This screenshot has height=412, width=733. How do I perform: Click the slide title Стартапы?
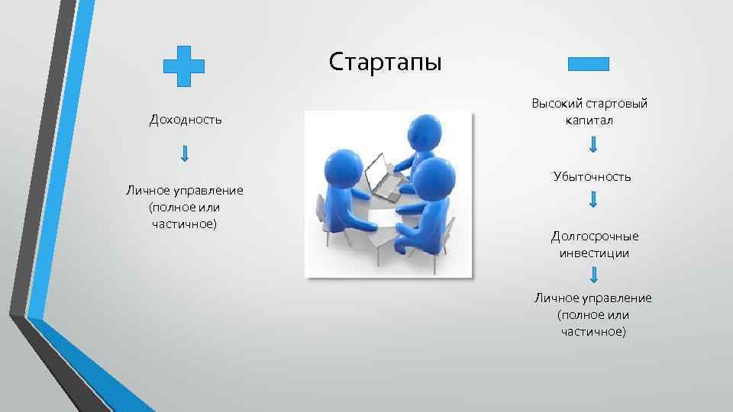tap(385, 61)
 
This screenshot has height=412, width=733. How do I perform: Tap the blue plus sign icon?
tap(184, 66)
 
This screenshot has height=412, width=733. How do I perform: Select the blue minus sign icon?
tap(589, 64)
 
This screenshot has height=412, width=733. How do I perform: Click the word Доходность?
tap(186, 119)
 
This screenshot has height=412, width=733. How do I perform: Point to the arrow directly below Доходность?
tap(185, 153)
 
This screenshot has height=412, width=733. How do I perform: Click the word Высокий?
tap(557, 104)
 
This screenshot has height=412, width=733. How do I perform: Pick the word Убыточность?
tap(593, 176)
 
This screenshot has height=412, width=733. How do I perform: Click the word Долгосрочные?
tap(594, 236)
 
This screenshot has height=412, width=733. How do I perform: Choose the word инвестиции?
tap(593, 253)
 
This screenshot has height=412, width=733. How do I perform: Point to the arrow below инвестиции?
tap(593, 275)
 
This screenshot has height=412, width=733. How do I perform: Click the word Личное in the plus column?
tap(147, 190)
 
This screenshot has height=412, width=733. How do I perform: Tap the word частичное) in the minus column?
tap(593, 331)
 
